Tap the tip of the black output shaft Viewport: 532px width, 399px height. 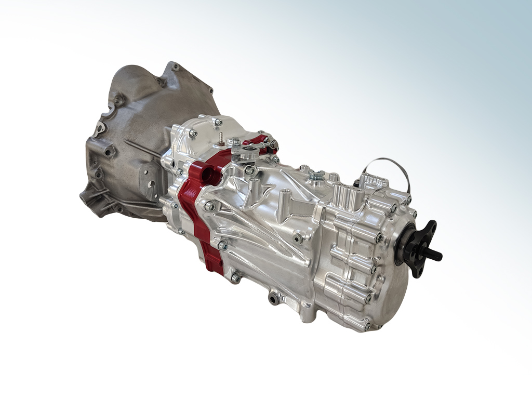point(438,256)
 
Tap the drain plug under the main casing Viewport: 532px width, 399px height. point(274,298)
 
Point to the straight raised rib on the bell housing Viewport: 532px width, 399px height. point(140,148)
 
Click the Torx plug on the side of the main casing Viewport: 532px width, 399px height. point(297,238)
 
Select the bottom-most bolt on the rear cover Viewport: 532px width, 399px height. point(367,326)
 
